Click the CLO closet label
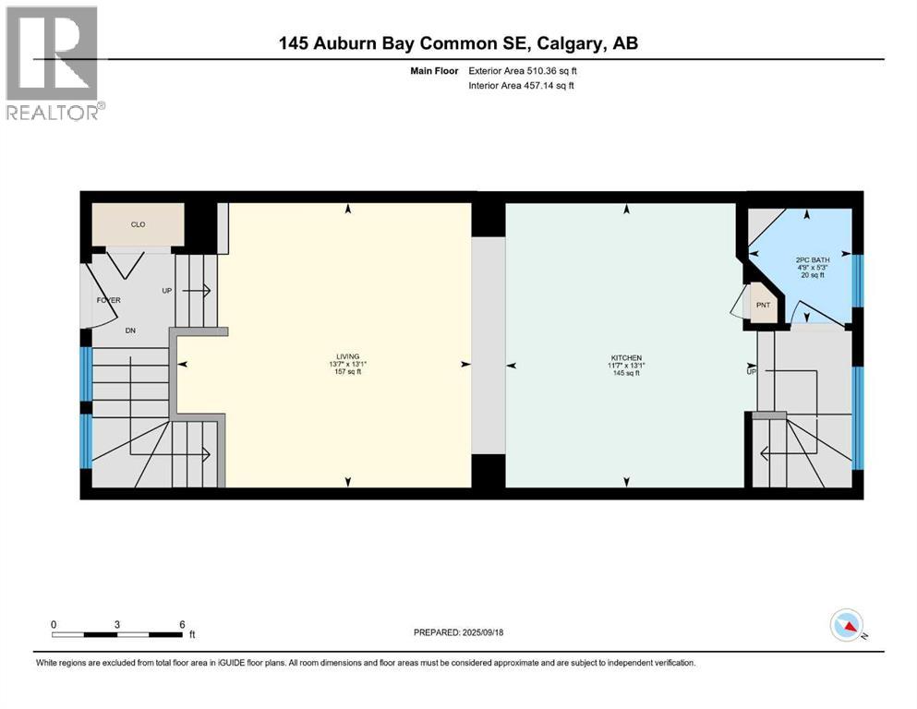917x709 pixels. (137, 224)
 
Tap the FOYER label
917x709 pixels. (109, 300)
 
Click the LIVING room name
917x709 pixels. (347, 356)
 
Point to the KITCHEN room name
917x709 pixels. (625, 357)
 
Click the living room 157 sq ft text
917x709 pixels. (347, 372)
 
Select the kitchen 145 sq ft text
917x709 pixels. (625, 373)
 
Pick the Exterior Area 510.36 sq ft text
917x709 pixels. (523, 70)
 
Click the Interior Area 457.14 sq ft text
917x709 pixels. (522, 85)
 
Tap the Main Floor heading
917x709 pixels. (433, 70)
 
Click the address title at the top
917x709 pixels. (459, 42)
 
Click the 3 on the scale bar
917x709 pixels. (117, 624)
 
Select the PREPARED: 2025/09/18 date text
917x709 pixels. (458, 632)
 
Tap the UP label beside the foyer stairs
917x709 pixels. (167, 290)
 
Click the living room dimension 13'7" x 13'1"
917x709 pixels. (347, 365)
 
